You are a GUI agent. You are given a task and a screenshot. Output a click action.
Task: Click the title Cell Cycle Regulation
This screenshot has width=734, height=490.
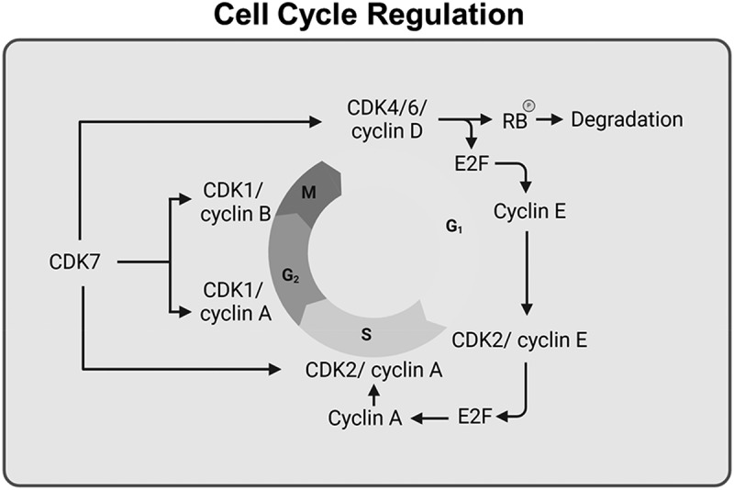tap(367, 17)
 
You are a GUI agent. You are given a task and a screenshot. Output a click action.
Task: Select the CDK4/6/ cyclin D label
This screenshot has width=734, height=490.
tap(384, 120)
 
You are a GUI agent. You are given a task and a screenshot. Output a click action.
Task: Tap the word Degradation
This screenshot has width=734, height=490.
tap(628, 119)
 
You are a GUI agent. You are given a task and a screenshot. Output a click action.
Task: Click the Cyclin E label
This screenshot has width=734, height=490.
tap(529, 211)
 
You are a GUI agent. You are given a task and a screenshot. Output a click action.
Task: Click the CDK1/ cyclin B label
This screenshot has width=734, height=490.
tap(233, 206)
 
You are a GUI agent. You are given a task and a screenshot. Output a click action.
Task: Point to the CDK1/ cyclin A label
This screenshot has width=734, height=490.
tap(233, 302)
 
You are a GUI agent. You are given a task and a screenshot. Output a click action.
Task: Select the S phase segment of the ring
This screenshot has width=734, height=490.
tap(366, 334)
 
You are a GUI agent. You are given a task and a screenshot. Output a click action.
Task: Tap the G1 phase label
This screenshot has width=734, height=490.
tap(452, 226)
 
